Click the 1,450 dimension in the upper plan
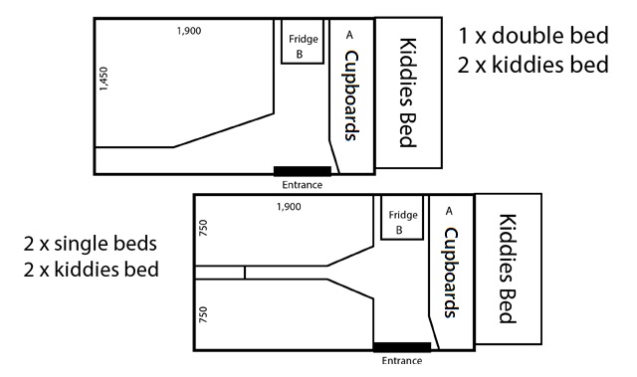pos(104,79)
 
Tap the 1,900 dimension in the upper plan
pos(189,31)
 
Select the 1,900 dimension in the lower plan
pos(289,207)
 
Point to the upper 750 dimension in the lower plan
pos(203,228)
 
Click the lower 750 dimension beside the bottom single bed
pos(203,314)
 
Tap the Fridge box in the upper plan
pos(303,42)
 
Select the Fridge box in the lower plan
pos(402,217)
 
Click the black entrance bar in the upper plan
pos(303,171)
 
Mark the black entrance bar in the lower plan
pos(402,347)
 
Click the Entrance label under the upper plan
pos(303,185)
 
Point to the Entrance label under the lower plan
pos(402,361)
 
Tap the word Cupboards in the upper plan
pos(351,95)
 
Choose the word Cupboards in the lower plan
pos(451,273)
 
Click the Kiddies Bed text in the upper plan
pos(408,93)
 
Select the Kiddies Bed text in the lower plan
pos(508,269)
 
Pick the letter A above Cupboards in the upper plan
pos(349,35)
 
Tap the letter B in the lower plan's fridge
pos(399,230)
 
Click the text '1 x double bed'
pos(533,35)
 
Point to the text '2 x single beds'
pos(91,244)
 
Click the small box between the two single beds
pos(220,273)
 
